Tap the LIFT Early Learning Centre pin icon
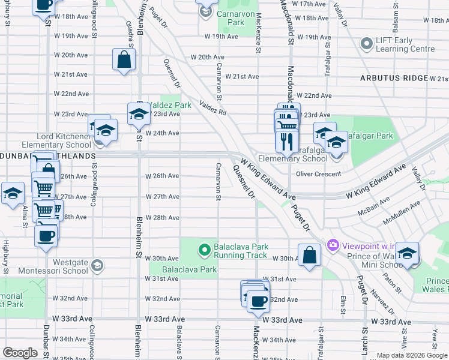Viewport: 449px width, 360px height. (366, 44)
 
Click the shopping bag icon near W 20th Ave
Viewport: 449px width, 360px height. (124, 60)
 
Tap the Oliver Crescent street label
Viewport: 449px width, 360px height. (319, 174)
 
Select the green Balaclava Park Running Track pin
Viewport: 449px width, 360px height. (204, 248)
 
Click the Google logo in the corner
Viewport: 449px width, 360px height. (20, 353)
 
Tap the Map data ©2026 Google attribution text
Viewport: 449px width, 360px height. (411, 355)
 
